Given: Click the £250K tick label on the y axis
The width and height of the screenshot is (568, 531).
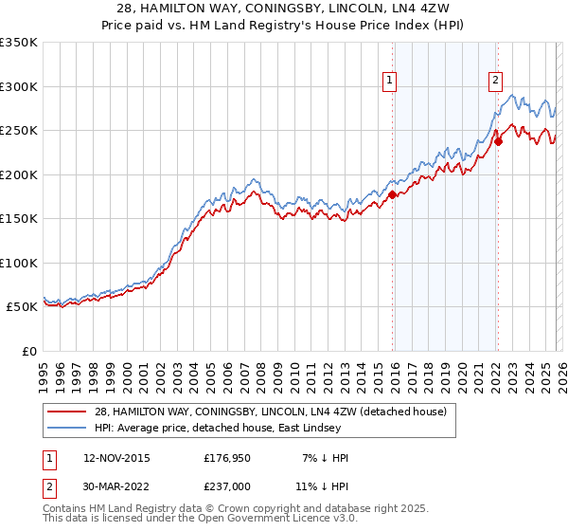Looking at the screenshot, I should tap(19, 131).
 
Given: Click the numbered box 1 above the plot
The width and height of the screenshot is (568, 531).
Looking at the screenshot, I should tap(390, 81).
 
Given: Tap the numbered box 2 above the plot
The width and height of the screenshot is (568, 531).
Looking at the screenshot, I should tap(495, 81).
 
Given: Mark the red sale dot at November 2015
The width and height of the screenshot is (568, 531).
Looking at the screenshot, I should tap(392, 195).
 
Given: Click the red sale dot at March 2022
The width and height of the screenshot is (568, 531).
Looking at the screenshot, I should tap(498, 142).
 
